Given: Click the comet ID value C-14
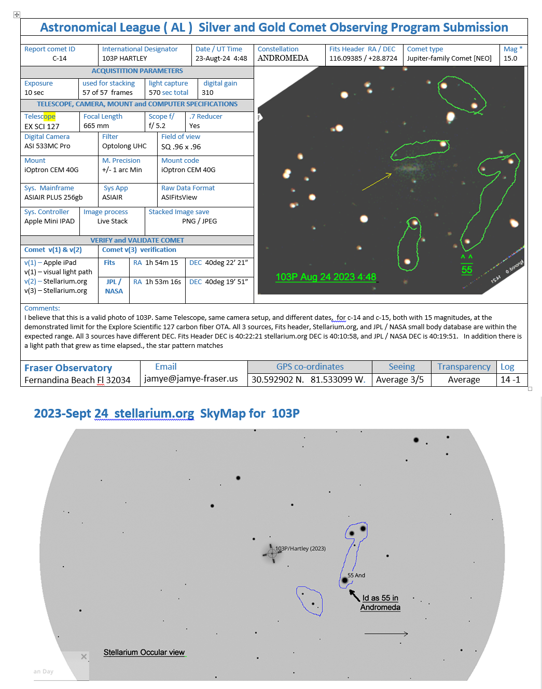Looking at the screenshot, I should tap(59, 59).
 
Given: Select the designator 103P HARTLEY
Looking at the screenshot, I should tap(124, 59).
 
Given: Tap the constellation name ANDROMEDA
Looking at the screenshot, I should tap(283, 58).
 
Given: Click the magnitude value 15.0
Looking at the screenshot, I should tap(510, 59).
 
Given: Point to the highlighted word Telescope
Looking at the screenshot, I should tap(40, 117).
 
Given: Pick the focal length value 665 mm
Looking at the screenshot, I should tap(96, 126).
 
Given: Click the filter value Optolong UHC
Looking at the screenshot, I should tap(124, 146).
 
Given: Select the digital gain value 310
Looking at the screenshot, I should tap(207, 93).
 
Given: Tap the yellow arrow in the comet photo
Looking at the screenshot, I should tap(377, 181).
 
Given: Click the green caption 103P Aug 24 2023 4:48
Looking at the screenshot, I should tap(326, 277).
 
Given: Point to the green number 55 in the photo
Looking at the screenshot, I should tap(467, 270).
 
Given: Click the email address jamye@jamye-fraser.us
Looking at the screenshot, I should tap(191, 379).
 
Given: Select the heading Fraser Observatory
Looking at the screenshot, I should tap(68, 368).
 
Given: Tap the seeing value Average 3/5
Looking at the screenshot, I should tap(399, 380).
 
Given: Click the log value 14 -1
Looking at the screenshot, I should tap(510, 380).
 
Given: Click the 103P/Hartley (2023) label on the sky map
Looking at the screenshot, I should tap(300, 549).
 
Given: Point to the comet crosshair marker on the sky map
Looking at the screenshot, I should tap(272, 553).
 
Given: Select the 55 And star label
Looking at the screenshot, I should tap(356, 575).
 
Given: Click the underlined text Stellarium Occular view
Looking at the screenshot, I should tap(144, 653).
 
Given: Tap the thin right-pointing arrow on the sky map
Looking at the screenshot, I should tap(386, 634).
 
